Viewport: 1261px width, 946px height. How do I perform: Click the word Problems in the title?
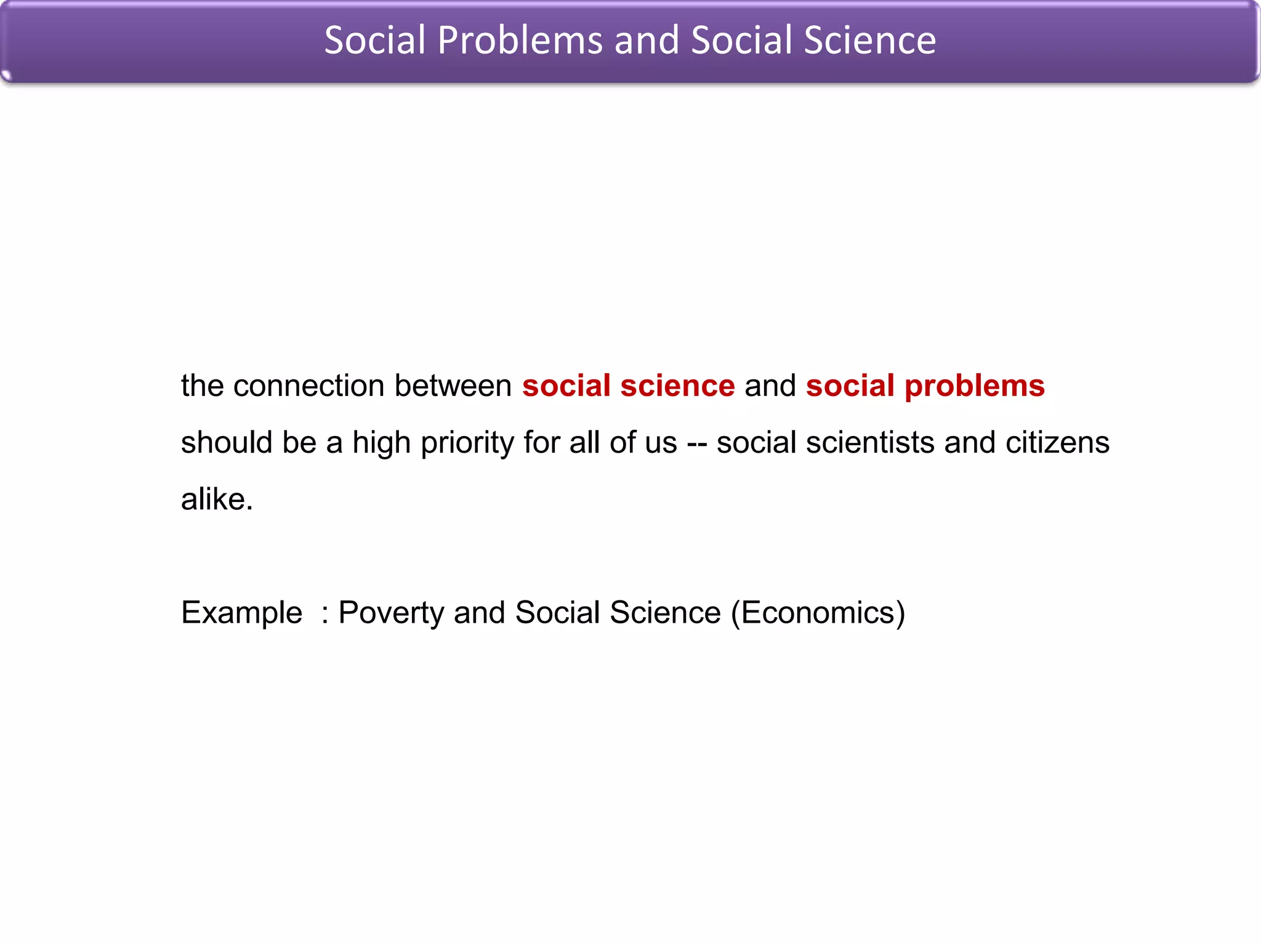520,41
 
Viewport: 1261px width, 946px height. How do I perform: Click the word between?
453,386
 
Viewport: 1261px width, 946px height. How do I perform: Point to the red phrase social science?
628,386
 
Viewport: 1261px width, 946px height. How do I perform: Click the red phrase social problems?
925,386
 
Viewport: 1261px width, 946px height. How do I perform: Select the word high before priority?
381,443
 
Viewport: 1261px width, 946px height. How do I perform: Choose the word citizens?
1057,443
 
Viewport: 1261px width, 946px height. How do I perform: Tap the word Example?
241,613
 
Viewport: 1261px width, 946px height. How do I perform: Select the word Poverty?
391,613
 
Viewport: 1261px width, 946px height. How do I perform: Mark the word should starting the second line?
226,443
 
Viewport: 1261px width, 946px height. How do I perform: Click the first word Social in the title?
375,41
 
